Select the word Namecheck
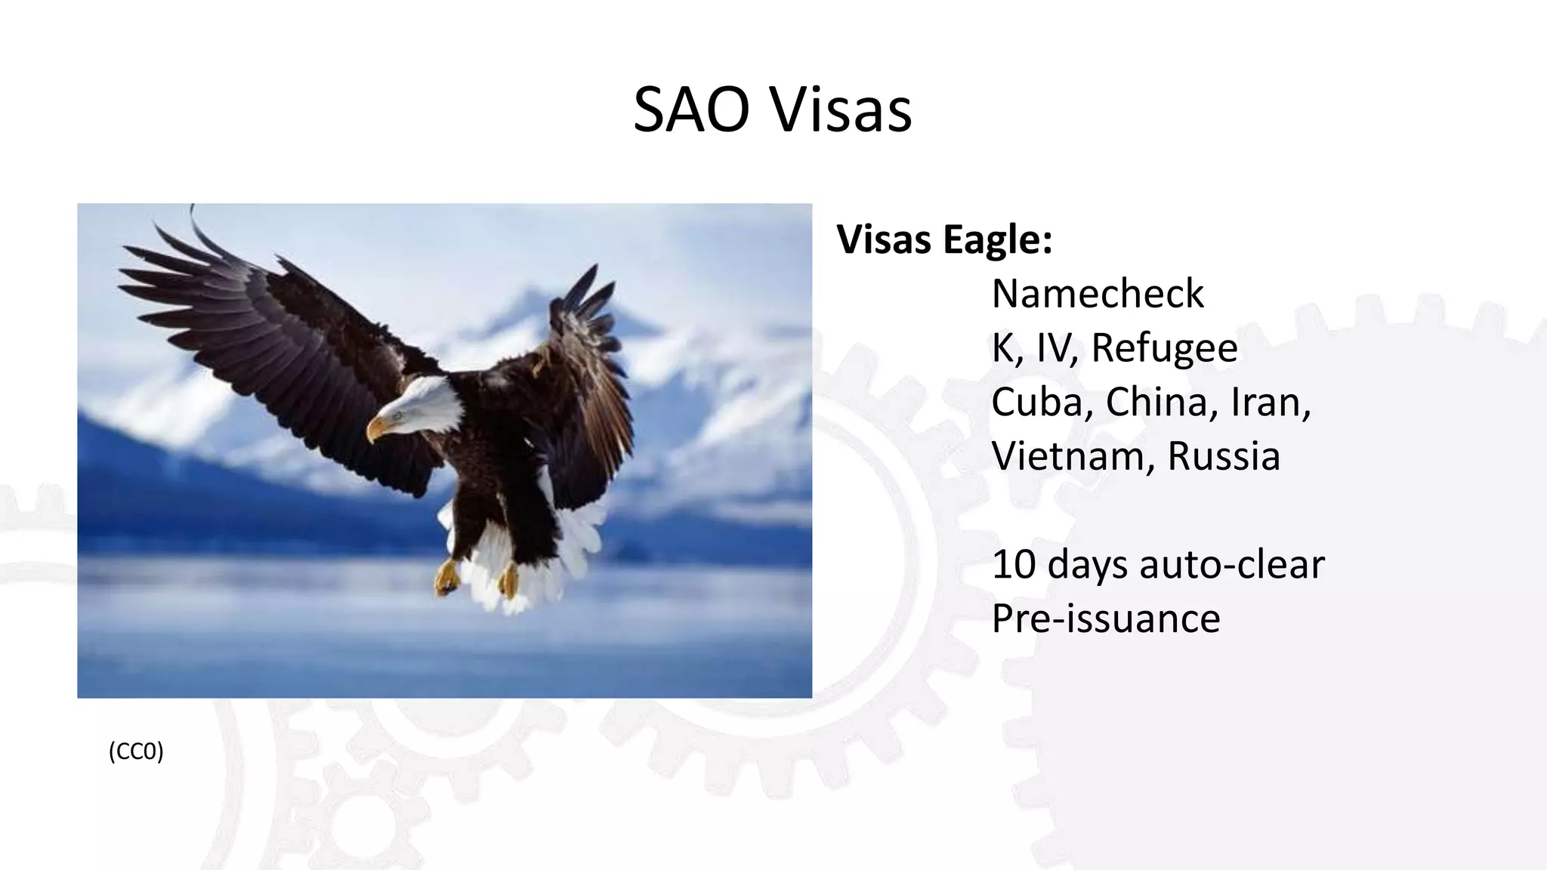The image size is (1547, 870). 1097,293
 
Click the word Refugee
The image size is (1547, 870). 1164,348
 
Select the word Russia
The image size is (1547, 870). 1224,456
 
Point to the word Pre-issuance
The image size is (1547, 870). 1105,619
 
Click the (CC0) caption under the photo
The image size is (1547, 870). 136,751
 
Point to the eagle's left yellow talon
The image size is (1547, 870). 447,578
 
